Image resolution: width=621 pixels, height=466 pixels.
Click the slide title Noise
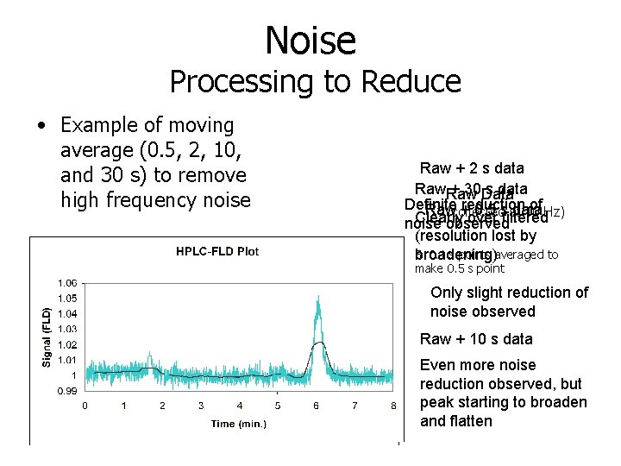coord(310,41)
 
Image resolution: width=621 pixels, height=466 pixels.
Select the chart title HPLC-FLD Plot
coord(217,252)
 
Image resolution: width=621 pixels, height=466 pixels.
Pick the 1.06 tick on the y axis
coord(67,282)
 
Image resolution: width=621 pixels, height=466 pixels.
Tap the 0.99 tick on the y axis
coord(67,391)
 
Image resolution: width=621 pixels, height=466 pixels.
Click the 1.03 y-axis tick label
coord(67,329)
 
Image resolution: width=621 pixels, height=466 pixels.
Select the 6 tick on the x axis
coord(316,406)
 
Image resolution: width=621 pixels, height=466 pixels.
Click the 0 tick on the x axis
coord(85,406)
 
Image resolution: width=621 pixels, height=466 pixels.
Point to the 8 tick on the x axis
coord(392,406)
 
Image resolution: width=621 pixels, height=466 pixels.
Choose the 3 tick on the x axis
coord(200,406)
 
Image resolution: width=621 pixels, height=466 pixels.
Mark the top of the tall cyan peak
coord(319,298)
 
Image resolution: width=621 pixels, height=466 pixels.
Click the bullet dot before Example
coord(41,126)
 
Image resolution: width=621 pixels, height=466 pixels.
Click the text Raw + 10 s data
coord(475,339)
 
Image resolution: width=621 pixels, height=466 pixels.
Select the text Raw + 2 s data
coord(472,168)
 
